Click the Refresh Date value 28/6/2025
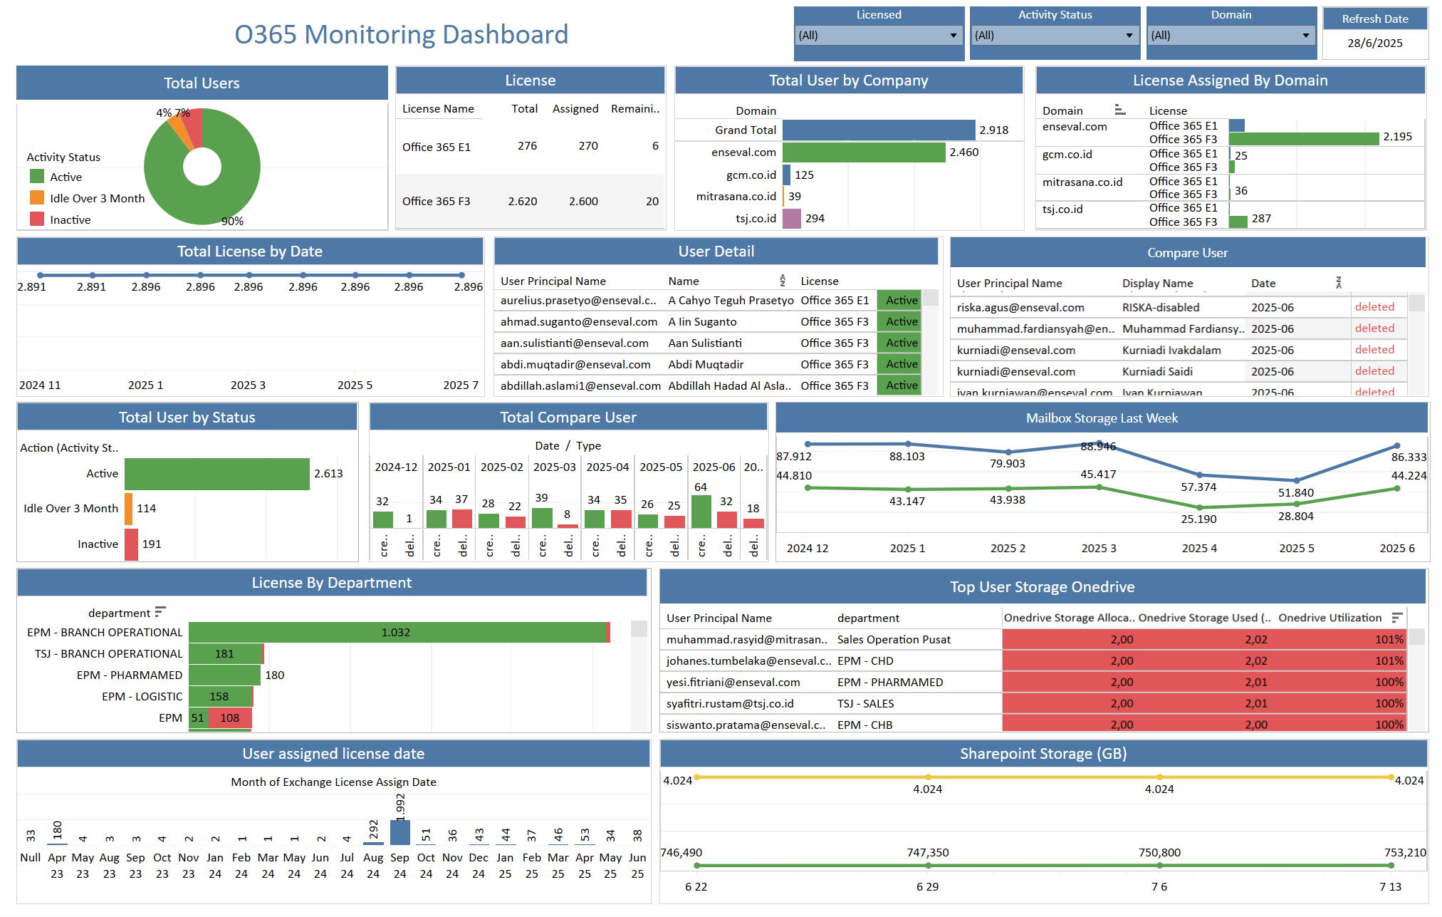[x=1374, y=43]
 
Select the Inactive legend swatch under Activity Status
[x=37, y=219]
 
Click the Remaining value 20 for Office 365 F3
[x=652, y=202]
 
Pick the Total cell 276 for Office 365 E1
[x=527, y=146]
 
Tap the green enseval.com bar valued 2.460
[x=864, y=152]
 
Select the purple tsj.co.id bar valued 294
[x=792, y=219]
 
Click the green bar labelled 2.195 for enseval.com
[x=1303, y=139]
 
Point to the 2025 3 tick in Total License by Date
[x=248, y=385]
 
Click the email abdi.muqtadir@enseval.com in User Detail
[x=575, y=365]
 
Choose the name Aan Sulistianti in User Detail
[x=705, y=343]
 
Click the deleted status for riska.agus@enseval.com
[x=1374, y=307]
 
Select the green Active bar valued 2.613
[x=217, y=474]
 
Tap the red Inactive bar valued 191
[x=131, y=544]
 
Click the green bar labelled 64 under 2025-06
[x=701, y=511]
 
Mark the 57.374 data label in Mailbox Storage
[x=1198, y=487]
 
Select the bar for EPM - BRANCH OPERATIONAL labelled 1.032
[x=397, y=633]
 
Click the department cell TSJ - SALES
[x=865, y=704]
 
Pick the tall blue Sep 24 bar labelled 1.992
[x=400, y=832]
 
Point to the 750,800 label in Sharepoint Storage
[x=1159, y=853]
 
